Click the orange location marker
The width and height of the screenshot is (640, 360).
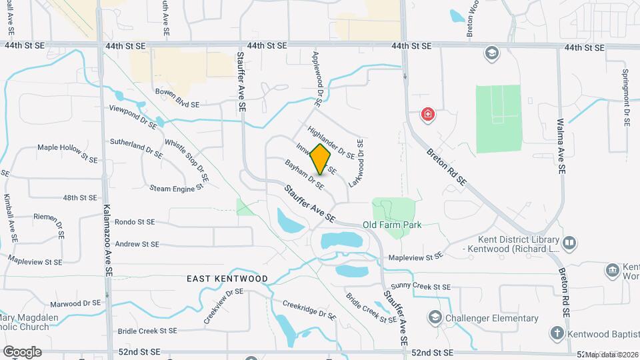321,159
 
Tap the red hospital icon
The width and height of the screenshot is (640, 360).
427,115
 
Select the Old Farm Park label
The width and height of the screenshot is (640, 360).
392,225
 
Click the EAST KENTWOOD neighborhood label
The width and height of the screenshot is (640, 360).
227,279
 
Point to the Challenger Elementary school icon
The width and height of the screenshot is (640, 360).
435,317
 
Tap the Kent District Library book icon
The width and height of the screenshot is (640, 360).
569,243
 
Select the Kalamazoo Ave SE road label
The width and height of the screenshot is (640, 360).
107,241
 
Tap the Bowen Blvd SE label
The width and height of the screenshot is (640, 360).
177,105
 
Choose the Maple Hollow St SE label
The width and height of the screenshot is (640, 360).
67,153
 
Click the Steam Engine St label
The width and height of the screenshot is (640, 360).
176,189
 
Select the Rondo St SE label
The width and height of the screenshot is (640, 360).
135,222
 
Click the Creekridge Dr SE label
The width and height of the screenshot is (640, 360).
309,309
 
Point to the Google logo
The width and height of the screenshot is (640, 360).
22,351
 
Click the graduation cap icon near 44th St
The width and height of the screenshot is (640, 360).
492,53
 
